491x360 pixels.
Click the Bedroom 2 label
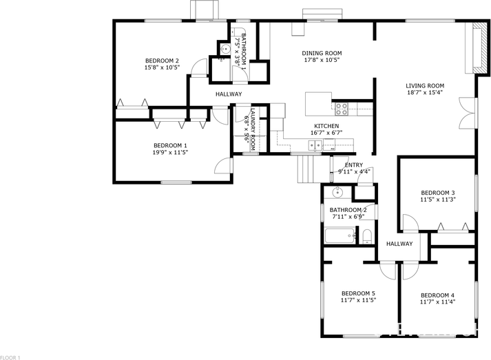163,60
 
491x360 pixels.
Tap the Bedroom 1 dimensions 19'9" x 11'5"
170,153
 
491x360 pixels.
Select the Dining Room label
322,53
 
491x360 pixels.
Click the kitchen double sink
315,145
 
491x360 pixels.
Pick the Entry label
353,165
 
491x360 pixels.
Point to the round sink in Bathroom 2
338,192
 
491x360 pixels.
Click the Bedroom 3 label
438,192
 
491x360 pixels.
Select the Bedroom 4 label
437,295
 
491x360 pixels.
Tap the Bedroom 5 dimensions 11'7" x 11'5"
358,299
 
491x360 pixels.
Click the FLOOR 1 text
10,357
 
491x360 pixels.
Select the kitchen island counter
318,104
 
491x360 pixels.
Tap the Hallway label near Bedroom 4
399,244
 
